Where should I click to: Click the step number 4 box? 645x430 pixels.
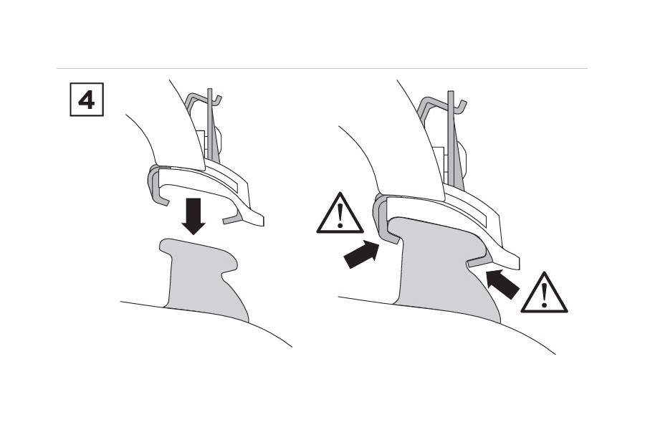click(x=87, y=100)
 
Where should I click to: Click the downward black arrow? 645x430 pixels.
click(x=193, y=216)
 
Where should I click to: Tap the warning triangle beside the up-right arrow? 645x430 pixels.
click(x=340, y=213)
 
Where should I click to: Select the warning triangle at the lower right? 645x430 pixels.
click(x=544, y=293)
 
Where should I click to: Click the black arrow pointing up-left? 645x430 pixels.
click(x=502, y=284)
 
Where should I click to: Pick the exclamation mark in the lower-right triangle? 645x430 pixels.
click(x=544, y=295)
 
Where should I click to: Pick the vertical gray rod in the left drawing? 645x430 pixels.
click(x=211, y=123)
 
